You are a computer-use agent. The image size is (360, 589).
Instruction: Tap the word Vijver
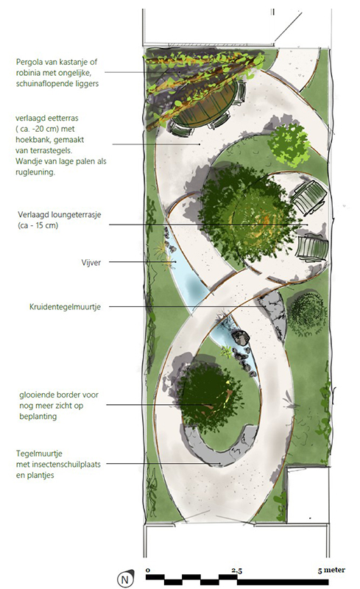91,263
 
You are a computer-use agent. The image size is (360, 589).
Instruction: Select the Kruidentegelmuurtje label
65,307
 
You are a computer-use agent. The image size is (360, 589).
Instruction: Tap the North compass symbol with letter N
125,579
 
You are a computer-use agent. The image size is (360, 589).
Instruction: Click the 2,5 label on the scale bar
237,571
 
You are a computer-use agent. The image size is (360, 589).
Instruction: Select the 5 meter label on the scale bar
331,570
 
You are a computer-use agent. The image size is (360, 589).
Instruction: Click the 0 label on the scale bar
148,570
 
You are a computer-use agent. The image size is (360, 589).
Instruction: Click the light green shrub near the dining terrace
289,144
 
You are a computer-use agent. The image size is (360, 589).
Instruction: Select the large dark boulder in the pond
240,337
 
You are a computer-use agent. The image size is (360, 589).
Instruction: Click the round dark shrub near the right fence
307,314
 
